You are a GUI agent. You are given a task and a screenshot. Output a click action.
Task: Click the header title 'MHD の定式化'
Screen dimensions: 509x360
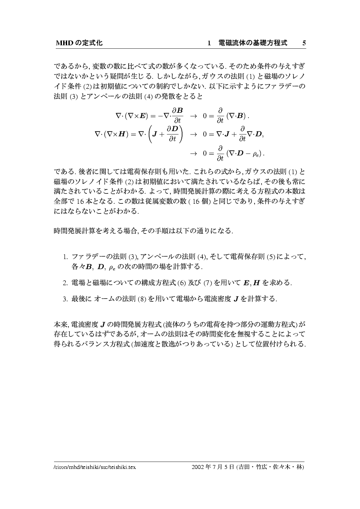point(78,43)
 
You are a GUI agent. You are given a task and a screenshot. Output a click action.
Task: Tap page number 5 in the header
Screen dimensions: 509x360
point(304,43)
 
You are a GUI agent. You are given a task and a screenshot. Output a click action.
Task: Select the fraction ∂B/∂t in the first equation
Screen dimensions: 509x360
point(178,116)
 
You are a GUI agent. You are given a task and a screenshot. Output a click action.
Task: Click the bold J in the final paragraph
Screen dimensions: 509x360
point(103,324)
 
